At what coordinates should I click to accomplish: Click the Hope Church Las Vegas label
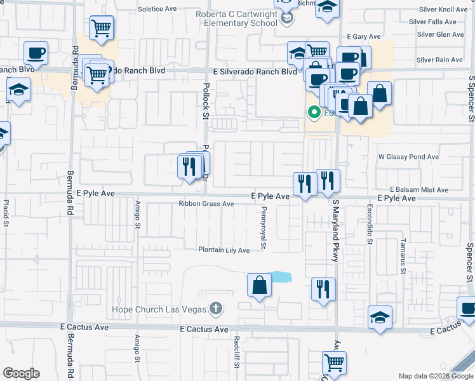(159, 309)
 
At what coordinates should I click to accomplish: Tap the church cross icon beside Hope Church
(216, 309)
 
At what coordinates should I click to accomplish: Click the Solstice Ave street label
(157, 10)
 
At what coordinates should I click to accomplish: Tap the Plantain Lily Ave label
(223, 250)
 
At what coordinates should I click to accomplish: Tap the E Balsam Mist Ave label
(419, 190)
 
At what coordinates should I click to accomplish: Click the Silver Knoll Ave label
(443, 10)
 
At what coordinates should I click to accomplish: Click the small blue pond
(280, 277)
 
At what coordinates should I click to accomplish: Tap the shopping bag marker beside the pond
(259, 286)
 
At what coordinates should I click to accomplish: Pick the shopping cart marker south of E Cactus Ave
(333, 363)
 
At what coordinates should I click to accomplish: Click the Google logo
(21, 373)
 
